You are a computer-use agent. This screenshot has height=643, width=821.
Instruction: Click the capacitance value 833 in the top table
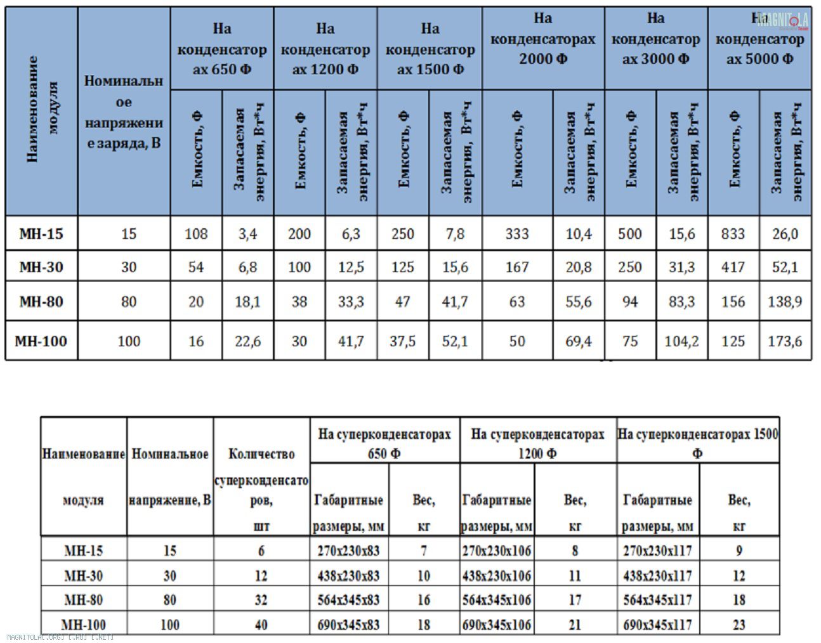pos(733,234)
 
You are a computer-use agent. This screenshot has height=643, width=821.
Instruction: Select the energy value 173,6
pos(785,341)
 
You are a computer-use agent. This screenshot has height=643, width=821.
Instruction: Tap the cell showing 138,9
pos(785,301)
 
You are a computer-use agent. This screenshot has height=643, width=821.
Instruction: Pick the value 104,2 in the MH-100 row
pos(681,341)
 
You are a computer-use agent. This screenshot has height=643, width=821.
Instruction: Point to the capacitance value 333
pos(517,234)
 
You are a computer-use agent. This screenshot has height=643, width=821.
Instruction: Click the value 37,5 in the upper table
pos(403,341)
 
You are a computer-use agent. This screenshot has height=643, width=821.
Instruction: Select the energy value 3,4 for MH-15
pos(247,234)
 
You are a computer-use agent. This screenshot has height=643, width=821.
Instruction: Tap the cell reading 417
pos(733,267)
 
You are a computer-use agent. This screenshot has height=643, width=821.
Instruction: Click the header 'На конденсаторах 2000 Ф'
pos(543,39)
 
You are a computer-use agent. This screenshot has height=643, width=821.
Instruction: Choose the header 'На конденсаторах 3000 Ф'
pos(655,39)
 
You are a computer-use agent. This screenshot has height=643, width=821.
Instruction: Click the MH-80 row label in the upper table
pos(41,301)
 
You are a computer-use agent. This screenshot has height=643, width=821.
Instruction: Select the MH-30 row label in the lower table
pos(83,576)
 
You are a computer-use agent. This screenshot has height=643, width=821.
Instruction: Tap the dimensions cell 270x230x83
pos(348,550)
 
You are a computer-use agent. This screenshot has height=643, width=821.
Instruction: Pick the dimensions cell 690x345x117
pos(657,625)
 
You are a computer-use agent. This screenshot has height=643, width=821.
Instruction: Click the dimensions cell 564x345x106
pos(497,600)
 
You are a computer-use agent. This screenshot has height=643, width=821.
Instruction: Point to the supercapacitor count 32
pos(261,600)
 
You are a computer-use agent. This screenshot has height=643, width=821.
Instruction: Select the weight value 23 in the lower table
pos(739,625)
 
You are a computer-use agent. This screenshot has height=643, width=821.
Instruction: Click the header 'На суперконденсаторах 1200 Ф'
pos(537,444)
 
